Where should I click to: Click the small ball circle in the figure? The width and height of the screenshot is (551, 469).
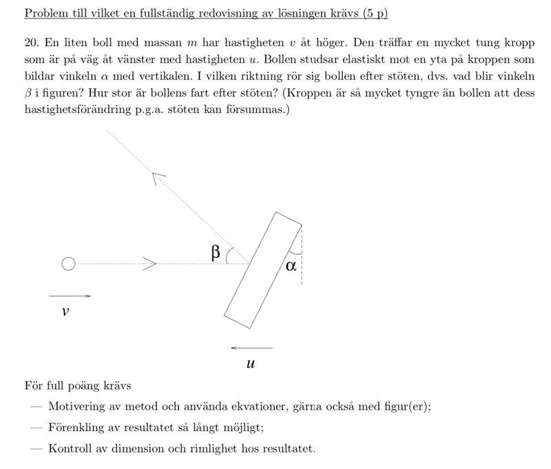[x=67, y=263]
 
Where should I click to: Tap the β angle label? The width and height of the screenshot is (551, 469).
[x=216, y=253]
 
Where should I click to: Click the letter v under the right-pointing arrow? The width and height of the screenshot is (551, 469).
[x=65, y=311]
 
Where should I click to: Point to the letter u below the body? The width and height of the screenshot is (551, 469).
[x=251, y=362]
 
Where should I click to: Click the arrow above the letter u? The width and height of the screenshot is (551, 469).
[x=251, y=347]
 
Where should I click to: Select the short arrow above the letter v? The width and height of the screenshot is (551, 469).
[x=70, y=295]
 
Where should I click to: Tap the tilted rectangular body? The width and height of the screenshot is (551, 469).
[x=264, y=269]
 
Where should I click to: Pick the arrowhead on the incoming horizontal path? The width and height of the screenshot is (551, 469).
[x=152, y=263]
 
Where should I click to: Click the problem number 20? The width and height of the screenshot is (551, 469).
[x=30, y=41]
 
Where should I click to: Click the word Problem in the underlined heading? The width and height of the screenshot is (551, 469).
[x=45, y=13]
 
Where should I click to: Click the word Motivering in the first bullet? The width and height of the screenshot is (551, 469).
[x=78, y=406]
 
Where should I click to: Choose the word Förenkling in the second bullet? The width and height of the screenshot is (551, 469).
[x=79, y=427]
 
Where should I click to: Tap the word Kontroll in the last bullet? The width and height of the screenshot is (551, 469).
[x=72, y=448]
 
